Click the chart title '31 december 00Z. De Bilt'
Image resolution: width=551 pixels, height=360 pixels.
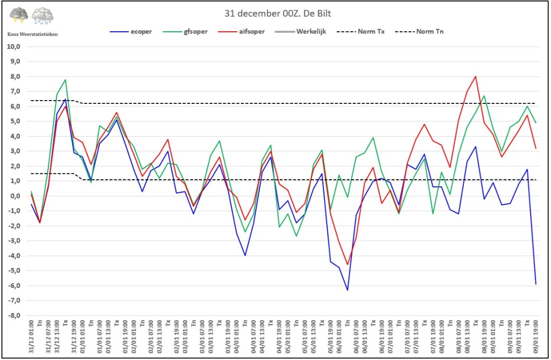coord(278,13)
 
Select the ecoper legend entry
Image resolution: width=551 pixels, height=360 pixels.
coord(131,32)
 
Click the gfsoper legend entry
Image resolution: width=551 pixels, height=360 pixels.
coord(185,32)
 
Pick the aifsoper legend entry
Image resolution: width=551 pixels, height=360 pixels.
coord(241,32)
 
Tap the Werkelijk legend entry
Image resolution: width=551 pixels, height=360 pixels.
coord(300,32)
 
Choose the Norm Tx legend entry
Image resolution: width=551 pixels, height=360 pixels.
coord(361,32)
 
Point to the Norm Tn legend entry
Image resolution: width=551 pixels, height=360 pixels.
coord(419,32)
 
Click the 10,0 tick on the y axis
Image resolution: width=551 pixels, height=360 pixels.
coord(13,46)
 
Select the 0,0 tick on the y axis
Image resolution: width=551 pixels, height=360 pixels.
coord(15,196)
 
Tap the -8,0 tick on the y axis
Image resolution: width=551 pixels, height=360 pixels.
coord(13,315)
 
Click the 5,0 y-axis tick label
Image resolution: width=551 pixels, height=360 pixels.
coord(15,121)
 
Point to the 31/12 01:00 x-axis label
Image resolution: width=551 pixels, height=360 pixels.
coord(31,336)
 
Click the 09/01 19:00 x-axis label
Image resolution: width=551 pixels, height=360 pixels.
coord(536,336)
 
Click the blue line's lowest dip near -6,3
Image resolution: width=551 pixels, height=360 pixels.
coord(348,290)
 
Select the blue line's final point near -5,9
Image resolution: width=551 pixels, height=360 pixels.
coord(536,284)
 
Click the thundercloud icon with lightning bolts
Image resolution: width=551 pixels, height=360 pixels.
coord(19,16)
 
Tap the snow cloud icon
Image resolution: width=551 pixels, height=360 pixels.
coord(43,16)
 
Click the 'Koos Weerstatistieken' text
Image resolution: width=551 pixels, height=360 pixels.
coord(32,34)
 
